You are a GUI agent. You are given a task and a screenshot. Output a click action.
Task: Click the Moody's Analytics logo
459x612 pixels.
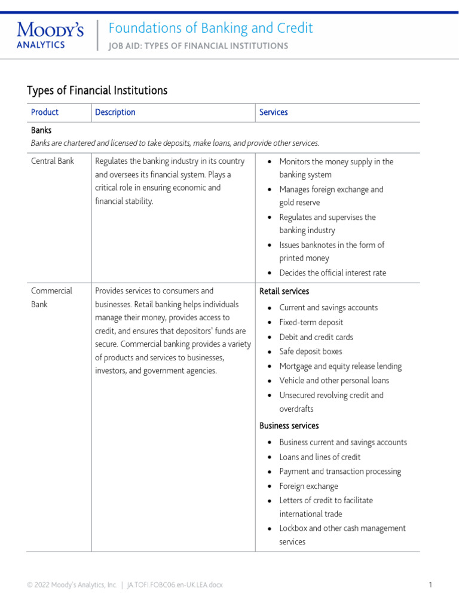coord(50,35)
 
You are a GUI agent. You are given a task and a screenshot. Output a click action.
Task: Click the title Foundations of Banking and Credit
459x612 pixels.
coord(210,28)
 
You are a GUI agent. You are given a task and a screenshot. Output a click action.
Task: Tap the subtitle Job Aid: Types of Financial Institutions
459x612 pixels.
coord(198,46)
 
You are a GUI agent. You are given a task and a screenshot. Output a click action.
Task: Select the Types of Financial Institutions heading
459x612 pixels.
coord(97,90)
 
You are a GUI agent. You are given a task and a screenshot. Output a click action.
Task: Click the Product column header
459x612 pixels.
coord(45,112)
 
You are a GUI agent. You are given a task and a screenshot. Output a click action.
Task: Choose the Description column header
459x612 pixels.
coord(115,112)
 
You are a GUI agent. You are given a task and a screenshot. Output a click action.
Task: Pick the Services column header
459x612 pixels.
coord(274,112)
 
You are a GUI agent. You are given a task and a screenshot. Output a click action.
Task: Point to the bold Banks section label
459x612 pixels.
coord(41,130)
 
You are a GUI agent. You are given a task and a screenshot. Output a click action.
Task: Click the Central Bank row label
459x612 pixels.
coord(53,161)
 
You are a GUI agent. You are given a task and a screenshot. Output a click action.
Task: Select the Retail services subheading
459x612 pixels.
coord(284,292)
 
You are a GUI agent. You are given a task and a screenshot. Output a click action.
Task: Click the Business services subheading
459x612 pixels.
coord(289,426)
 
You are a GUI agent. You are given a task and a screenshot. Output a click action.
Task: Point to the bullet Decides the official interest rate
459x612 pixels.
coord(333,273)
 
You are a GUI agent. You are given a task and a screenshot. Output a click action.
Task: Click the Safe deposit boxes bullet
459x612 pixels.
coord(311,352)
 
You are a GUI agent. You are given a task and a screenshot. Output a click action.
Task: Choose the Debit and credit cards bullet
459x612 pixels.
coord(316,337)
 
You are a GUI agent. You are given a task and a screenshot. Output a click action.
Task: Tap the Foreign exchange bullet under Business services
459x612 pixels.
coord(308,486)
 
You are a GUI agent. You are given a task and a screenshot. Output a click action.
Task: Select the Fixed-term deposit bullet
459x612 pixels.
coord(311,323)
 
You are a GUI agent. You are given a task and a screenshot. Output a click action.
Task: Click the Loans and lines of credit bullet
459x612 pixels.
coord(320,457)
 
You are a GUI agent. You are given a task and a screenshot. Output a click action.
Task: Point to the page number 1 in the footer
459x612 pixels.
coord(430,585)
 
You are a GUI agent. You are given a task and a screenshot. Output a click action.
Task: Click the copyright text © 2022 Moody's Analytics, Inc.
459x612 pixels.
coord(72,585)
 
